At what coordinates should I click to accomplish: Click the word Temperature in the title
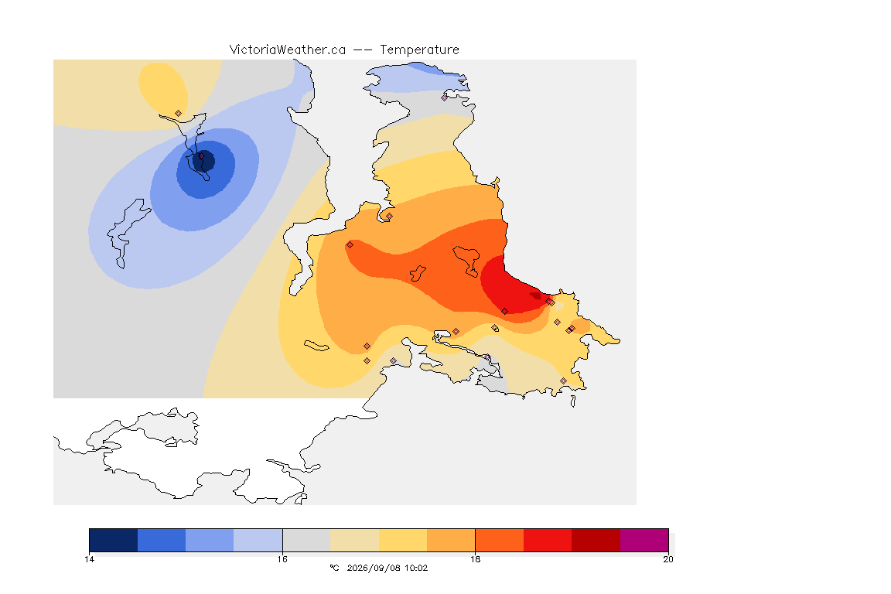click(419, 50)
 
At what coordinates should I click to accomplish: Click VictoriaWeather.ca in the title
click(288, 50)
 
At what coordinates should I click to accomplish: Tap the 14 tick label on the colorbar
click(89, 559)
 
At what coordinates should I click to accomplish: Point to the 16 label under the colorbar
click(282, 559)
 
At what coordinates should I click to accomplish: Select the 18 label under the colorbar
click(475, 559)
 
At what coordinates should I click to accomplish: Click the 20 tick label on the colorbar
click(668, 559)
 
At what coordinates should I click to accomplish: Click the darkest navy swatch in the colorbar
click(114, 540)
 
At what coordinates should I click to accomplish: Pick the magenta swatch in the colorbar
click(643, 540)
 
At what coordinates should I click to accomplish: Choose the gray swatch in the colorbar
click(306, 540)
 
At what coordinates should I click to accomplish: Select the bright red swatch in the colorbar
click(548, 540)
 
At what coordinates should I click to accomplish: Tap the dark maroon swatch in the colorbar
click(596, 540)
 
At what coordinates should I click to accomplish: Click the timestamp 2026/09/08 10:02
click(387, 568)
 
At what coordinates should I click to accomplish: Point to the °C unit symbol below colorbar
click(334, 568)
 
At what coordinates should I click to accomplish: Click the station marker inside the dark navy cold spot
click(201, 155)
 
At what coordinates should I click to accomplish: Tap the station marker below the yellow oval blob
click(179, 114)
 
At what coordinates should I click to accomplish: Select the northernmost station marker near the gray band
click(445, 97)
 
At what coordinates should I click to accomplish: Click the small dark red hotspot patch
click(536, 295)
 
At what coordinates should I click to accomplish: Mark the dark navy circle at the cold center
click(203, 161)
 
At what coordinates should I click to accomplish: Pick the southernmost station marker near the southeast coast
click(563, 381)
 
